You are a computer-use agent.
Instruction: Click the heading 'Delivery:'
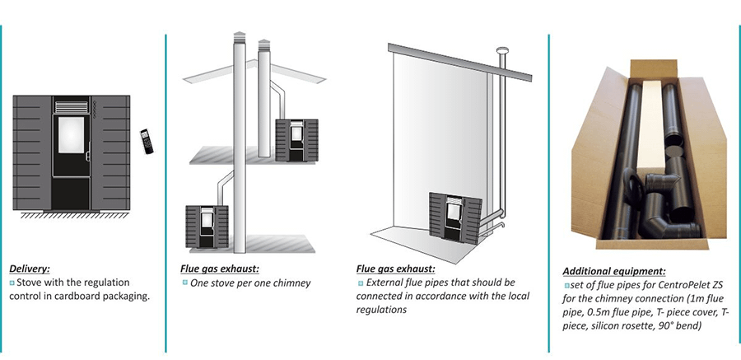(30, 268)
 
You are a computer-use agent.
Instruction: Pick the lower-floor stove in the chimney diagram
(205, 224)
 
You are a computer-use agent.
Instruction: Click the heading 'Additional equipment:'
(613, 270)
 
